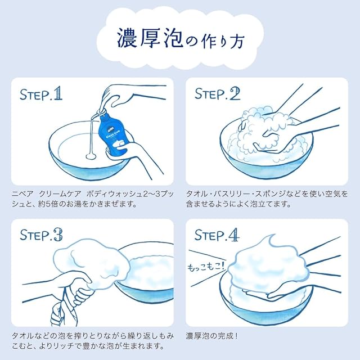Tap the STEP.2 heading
click(x=217, y=93)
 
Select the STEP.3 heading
click(x=41, y=235)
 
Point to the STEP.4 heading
click(x=217, y=235)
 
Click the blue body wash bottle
click(x=113, y=135)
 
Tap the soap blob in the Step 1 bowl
click(x=91, y=156)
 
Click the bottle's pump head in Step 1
click(x=102, y=110)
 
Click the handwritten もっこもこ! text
click(x=206, y=266)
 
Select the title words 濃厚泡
click(x=150, y=38)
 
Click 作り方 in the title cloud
click(x=221, y=41)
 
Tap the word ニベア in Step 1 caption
click(x=22, y=194)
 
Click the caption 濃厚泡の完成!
click(x=211, y=336)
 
